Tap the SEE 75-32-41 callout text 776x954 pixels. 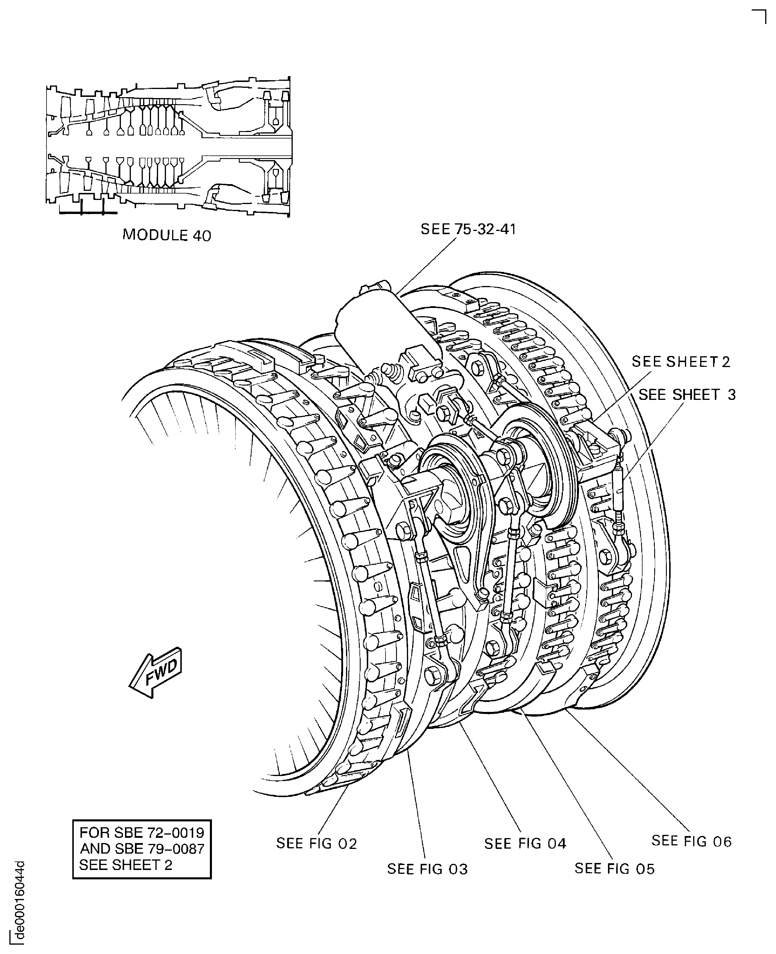(x=468, y=229)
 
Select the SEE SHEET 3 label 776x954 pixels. (x=687, y=395)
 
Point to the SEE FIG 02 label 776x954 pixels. (x=316, y=844)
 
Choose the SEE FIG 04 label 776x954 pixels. (x=525, y=844)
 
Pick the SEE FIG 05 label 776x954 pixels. (x=614, y=869)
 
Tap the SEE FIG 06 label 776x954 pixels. (x=691, y=841)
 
